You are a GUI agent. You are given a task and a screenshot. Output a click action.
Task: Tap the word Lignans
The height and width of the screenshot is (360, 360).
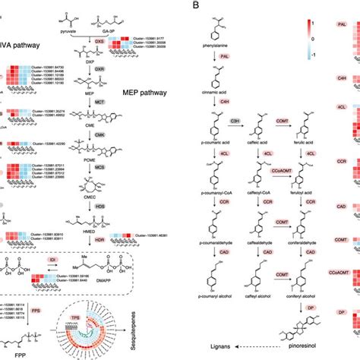[x=213, y=346]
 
